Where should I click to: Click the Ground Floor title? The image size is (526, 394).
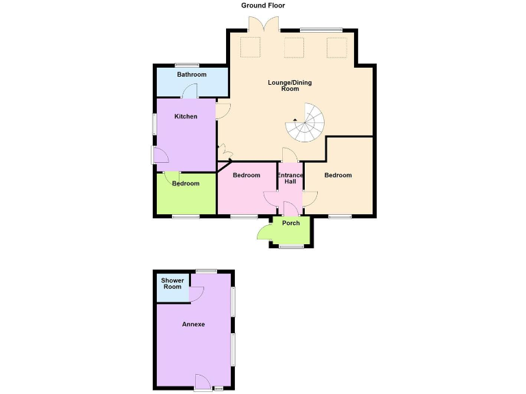[263, 5]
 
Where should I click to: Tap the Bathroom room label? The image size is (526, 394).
[192, 75]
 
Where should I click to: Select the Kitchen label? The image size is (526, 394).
[186, 116]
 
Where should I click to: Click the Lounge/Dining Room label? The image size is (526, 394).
[290, 86]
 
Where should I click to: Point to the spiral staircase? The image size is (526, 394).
[305, 123]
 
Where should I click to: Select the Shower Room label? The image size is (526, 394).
[172, 283]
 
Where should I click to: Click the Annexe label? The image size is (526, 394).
[193, 324]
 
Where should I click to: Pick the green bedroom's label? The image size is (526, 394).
[186, 183]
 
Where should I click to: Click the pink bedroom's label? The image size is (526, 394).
[247, 176]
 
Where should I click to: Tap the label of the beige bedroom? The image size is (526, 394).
[338, 176]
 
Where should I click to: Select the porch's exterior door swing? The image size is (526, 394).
[265, 233]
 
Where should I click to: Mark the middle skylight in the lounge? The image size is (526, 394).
[294, 48]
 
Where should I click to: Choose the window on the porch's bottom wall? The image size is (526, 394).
[291, 246]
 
